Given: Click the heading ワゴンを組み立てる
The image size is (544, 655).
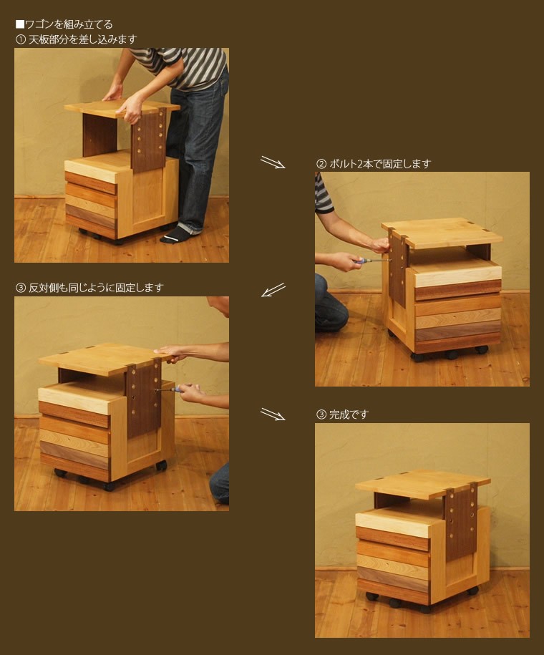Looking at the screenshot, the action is click(69, 24).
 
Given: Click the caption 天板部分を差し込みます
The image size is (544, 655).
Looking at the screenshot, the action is click(83, 39).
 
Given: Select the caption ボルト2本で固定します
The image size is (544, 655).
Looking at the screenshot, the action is click(380, 164).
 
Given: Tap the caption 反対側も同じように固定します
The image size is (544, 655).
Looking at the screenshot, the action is click(96, 287).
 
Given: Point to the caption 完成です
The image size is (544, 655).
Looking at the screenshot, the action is click(349, 414).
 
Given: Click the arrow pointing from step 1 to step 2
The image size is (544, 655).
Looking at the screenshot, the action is click(273, 162).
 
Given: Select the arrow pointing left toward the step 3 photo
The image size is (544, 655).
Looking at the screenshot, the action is click(273, 290).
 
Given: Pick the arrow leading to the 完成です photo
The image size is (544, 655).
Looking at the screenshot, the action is click(273, 414).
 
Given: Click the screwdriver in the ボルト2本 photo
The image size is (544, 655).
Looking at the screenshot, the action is click(371, 261).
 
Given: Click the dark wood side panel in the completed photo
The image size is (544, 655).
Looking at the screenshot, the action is click(460, 524).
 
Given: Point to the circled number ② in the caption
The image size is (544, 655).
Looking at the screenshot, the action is click(321, 164).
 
